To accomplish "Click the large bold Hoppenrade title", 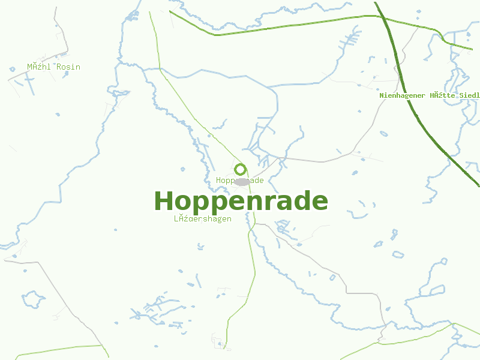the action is click(x=241, y=201).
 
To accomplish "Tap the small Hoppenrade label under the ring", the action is click(x=240, y=181).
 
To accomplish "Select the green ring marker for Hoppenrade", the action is click(x=240, y=169).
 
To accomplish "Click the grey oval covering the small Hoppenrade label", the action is click(x=242, y=181).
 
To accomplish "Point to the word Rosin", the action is click(x=68, y=67).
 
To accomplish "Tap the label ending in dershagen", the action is click(x=203, y=219).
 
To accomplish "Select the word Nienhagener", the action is click(x=402, y=95).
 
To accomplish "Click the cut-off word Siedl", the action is click(x=468, y=95).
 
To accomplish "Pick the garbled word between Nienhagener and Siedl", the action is click(x=441, y=95).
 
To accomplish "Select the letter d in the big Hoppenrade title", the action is click(x=300, y=201).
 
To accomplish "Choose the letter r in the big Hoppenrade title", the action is click(x=265, y=203).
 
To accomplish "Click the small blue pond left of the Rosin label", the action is click(x=12, y=69).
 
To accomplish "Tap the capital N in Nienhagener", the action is click(x=382, y=95).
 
